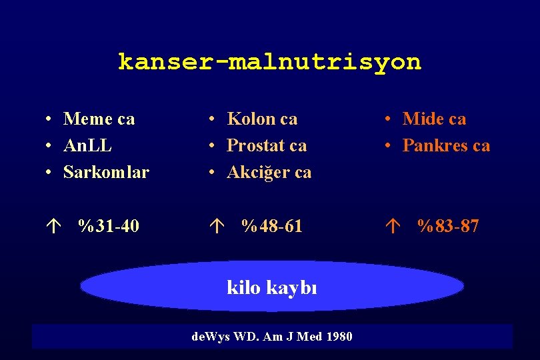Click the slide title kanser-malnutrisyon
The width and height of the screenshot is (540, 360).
[x=269, y=62]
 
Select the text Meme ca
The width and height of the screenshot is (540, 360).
[x=99, y=119]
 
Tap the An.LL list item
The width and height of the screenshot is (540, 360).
[x=87, y=145]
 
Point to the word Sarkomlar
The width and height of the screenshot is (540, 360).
[x=106, y=172]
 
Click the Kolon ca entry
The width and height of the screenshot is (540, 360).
[x=262, y=119]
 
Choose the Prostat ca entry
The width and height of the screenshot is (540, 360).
[x=267, y=145]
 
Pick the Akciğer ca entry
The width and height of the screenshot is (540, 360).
[x=269, y=172]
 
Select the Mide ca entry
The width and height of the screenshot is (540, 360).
[x=434, y=119]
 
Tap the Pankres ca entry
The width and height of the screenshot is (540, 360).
[x=446, y=145]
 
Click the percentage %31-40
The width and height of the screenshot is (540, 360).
[x=108, y=227]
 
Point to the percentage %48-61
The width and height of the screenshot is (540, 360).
[x=271, y=227]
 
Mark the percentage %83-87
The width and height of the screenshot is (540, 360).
[x=447, y=227]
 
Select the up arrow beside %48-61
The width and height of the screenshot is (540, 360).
[x=214, y=227]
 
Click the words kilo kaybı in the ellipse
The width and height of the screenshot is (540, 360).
[x=272, y=288]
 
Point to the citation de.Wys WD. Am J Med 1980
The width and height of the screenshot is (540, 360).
[x=271, y=337]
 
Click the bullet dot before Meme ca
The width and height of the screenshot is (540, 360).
[x=50, y=120]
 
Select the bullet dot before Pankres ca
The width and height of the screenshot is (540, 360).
[x=389, y=146]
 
